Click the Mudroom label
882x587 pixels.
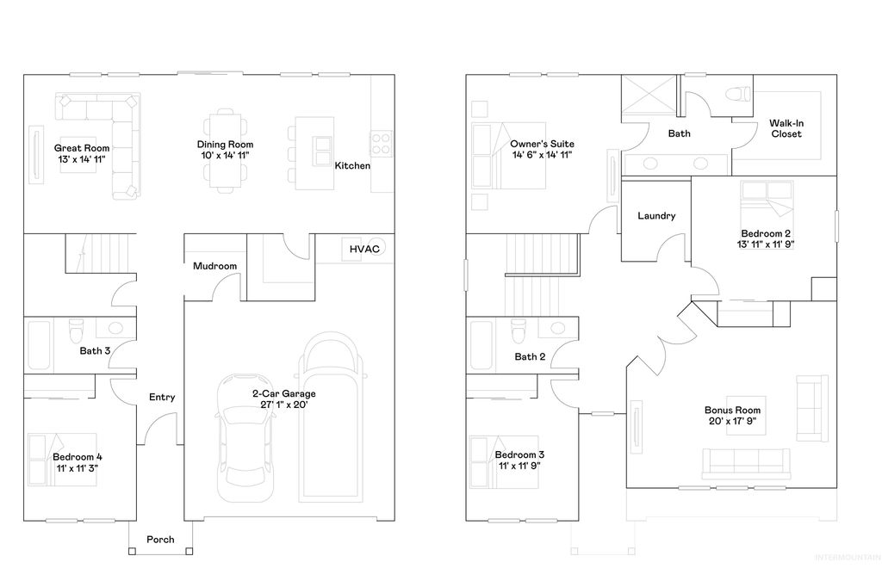pyautogui.click(x=214, y=266)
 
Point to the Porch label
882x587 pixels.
pyautogui.click(x=160, y=540)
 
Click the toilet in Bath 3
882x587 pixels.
pyautogui.click(x=76, y=330)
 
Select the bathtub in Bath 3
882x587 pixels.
pyautogui.click(x=41, y=344)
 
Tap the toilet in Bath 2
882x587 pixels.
pyautogui.click(x=519, y=330)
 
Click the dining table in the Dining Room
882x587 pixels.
pyautogui.click(x=225, y=146)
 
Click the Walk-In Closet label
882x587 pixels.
pyautogui.click(x=786, y=128)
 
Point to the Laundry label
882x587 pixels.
pyautogui.click(x=656, y=216)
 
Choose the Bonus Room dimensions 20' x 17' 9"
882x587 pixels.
pyautogui.click(x=732, y=422)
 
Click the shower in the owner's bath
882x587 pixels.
pyautogui.click(x=649, y=95)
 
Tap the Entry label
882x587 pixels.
pyautogui.click(x=162, y=397)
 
